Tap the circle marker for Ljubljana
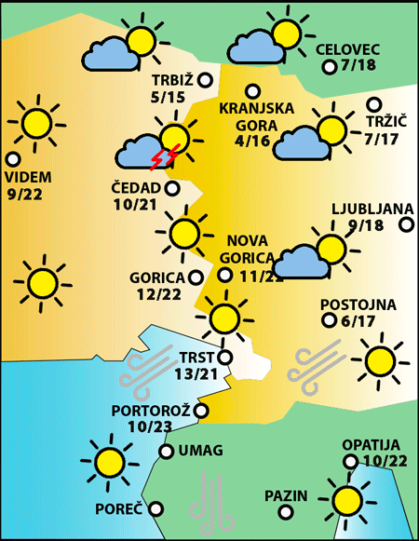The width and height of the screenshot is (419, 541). point(407,223)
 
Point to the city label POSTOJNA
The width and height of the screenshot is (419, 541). point(358,304)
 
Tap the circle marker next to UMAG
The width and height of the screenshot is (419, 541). point(166,452)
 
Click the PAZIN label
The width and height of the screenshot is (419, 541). point(285,494)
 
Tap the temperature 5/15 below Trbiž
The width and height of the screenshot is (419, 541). point(168,96)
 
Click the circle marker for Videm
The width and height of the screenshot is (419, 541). point(13,159)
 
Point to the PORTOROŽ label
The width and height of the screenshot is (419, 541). point(151,410)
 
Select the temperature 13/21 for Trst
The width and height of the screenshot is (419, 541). point(196,373)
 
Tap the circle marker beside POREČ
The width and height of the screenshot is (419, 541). point(155,508)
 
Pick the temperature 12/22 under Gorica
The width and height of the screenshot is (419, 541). point(157,294)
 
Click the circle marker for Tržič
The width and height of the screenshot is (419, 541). point(374,105)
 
